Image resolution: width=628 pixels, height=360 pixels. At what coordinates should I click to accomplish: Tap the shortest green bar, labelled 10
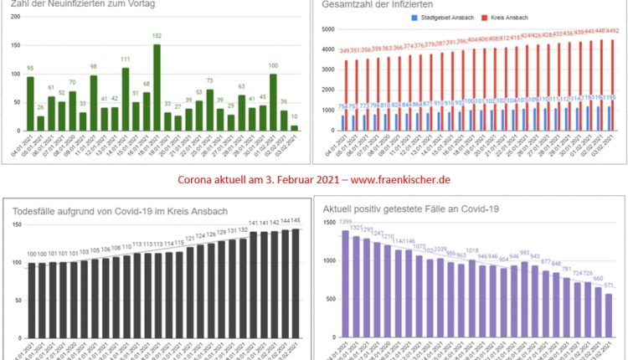coord(294,127)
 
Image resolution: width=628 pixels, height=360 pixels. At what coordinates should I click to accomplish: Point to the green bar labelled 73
coord(209,110)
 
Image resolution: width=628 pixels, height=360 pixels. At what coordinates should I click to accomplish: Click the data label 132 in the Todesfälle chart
coord(243,229)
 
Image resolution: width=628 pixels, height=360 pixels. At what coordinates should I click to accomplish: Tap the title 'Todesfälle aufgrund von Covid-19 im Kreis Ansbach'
coord(119,210)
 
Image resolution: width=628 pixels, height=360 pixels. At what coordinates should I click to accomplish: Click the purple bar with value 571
coord(609,322)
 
